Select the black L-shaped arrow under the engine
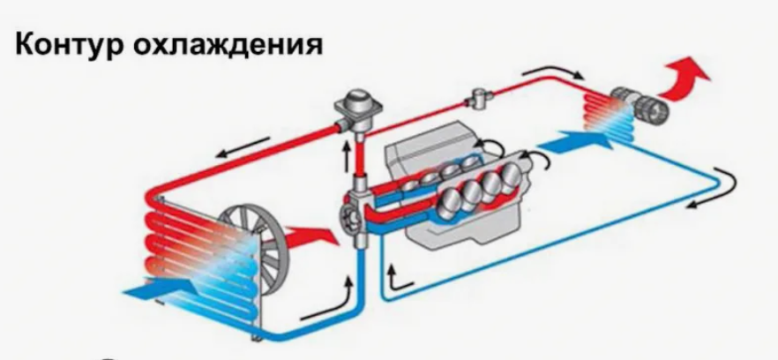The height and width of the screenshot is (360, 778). (x=399, y=280)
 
